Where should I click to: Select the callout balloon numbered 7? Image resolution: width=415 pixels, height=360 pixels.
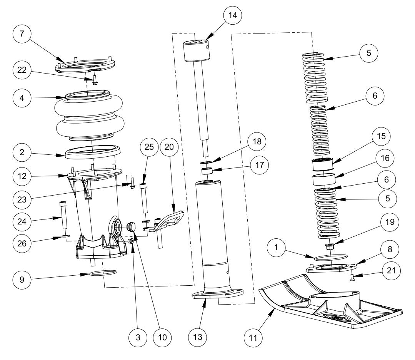coord(22,34)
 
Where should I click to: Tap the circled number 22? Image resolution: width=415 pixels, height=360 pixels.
coord(22,70)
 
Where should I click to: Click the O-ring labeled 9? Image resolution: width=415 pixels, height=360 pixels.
coord(103,273)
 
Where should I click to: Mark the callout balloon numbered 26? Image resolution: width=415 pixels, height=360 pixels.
coord(22,243)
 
